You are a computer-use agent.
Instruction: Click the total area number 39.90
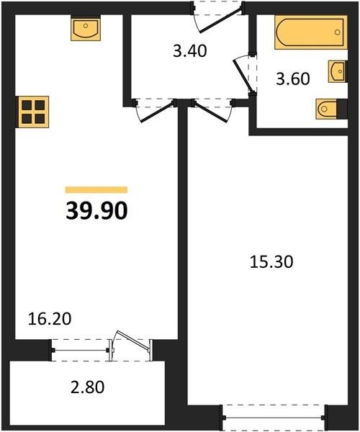pyautogui.click(x=96, y=211)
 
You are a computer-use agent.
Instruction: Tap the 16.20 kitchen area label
pyautogui.click(x=50, y=319)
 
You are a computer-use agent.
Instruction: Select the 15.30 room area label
pyautogui.click(x=271, y=262)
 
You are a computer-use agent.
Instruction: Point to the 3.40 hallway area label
pyautogui.click(x=190, y=51)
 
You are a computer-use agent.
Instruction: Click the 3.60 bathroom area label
pyautogui.click(x=293, y=78)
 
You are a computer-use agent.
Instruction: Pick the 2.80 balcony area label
pyautogui.click(x=88, y=387)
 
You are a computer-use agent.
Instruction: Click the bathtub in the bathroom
pyautogui.click(x=311, y=32)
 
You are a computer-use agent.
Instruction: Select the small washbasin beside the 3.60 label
pyautogui.click(x=337, y=71)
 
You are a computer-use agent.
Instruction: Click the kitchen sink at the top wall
pyautogui.click(x=86, y=28)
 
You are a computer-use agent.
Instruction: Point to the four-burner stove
pyautogui.click(x=33, y=112)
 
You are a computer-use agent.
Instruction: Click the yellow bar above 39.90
pyautogui.click(x=96, y=190)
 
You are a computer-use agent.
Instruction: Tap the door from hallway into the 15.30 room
pyautogui.click(x=212, y=111)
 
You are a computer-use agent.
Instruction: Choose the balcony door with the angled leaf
pyautogui.click(x=131, y=344)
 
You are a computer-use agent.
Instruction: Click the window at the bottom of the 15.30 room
pyautogui.click(x=274, y=418)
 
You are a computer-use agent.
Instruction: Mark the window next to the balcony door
pyautogui.click(x=81, y=350)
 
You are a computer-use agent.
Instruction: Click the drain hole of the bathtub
pyautogui.click(x=338, y=32)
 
